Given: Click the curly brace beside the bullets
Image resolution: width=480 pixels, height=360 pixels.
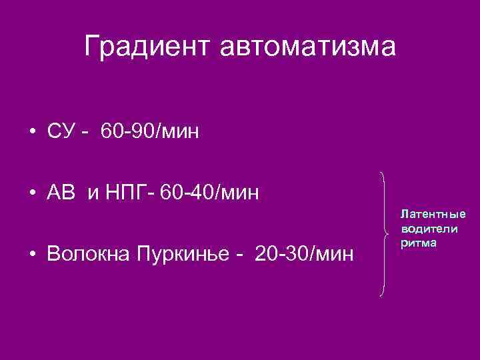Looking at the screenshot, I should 384,233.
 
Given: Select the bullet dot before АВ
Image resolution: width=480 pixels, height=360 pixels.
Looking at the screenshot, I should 32,194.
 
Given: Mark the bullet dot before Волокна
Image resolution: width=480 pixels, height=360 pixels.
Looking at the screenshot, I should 32,255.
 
